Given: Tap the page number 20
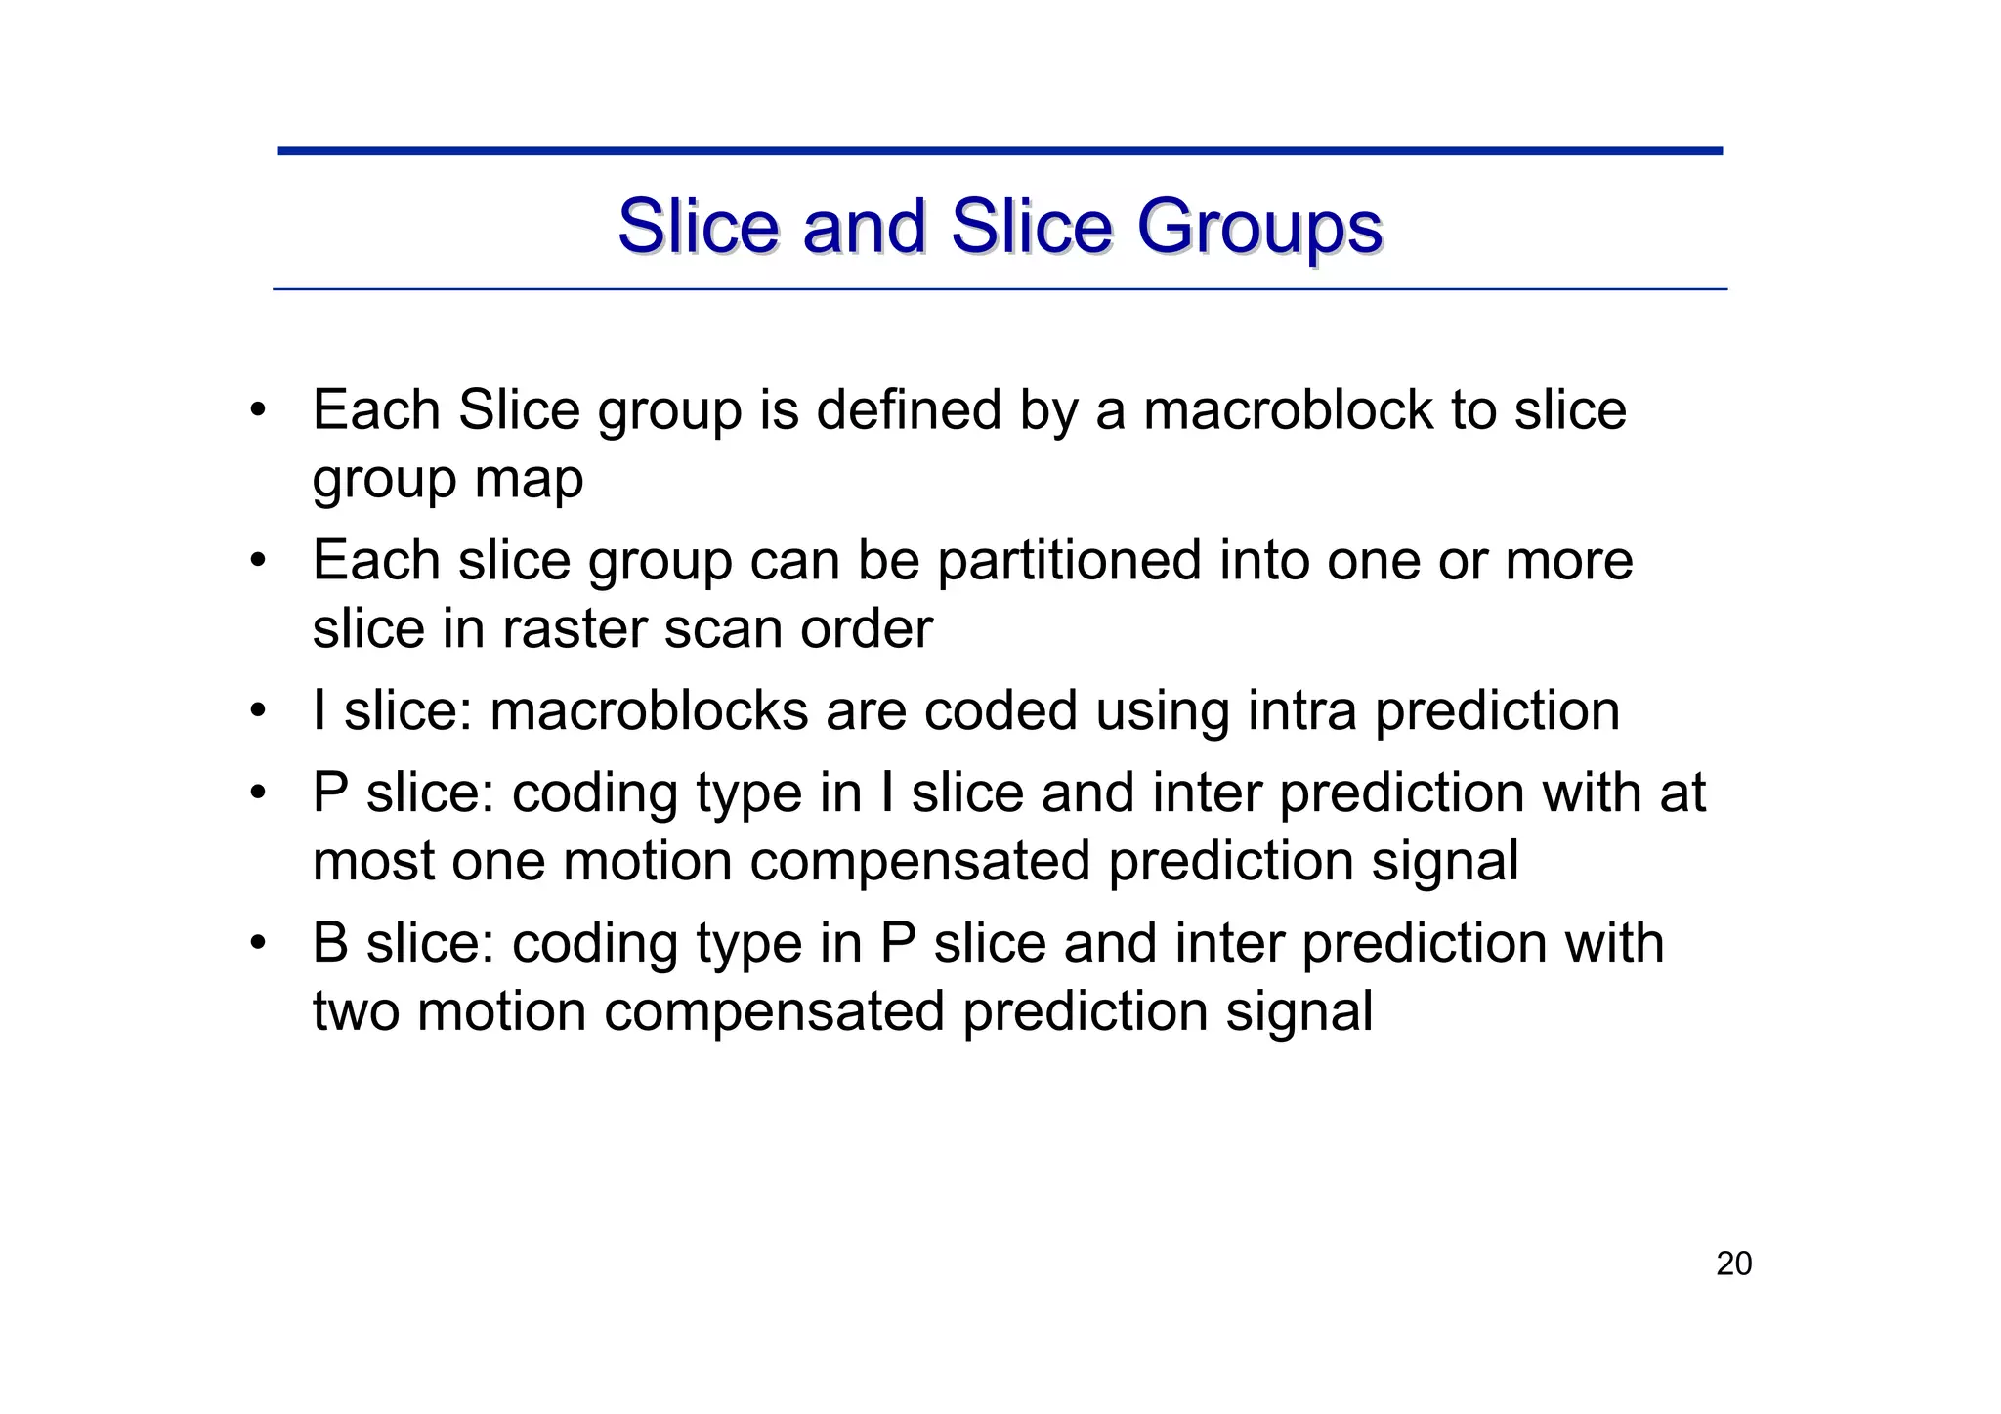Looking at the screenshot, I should [1733, 1264].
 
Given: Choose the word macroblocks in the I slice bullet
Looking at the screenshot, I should [649, 711].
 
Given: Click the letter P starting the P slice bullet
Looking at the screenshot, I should [330, 793].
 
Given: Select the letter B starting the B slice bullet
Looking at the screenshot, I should [330, 943].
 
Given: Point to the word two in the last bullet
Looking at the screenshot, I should [356, 1011].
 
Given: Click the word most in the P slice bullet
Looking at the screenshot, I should [373, 863].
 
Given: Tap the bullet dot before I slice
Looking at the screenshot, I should [257, 711].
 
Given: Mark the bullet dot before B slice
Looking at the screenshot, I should [257, 943].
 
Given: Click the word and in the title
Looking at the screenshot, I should [864, 228].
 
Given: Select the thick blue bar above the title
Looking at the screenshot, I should [1000, 150].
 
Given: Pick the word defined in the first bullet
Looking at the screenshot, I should [909, 409].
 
